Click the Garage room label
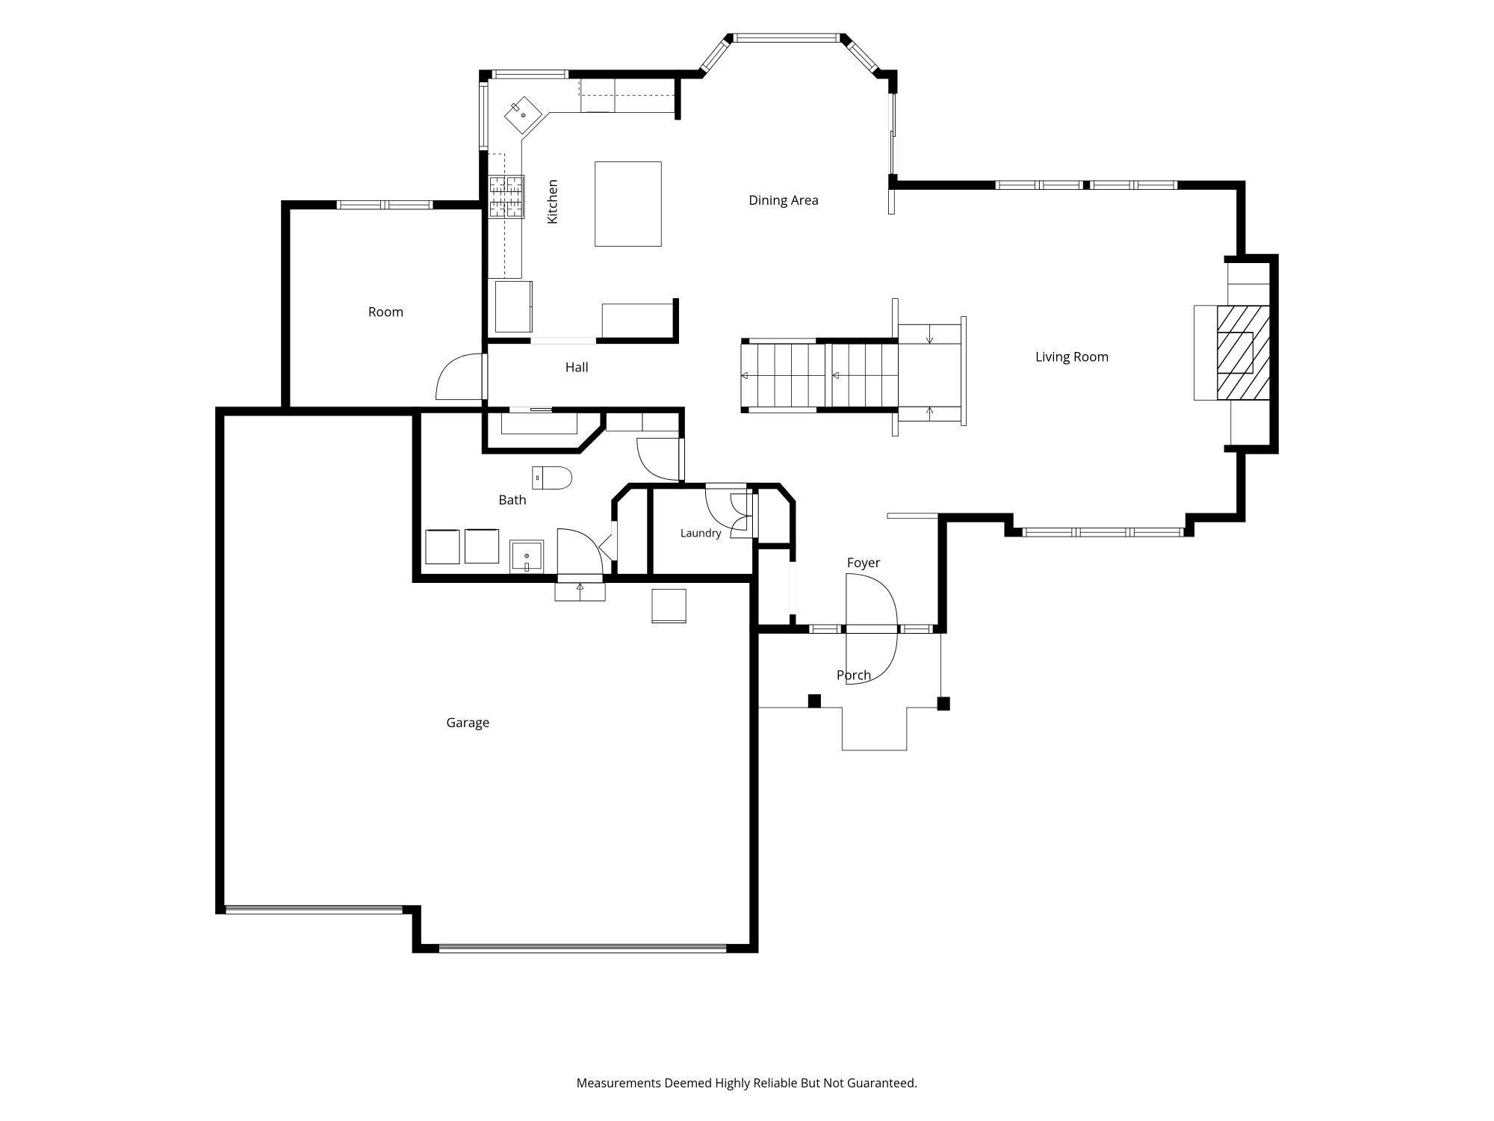[x=468, y=723]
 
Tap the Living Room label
[x=1071, y=356]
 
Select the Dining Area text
[x=784, y=200]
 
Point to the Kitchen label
[x=553, y=201]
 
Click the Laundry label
[x=701, y=533]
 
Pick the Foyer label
[x=864, y=563]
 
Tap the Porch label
[x=854, y=675]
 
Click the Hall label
[x=577, y=367]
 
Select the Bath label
[x=512, y=500]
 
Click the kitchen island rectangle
[x=628, y=204]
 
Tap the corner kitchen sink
[x=524, y=115]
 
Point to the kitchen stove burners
[x=506, y=197]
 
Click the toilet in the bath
[x=552, y=478]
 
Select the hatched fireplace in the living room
[x=1244, y=353]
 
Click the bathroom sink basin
[x=527, y=557]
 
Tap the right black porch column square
[x=943, y=703]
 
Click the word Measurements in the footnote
[x=619, y=1083]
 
